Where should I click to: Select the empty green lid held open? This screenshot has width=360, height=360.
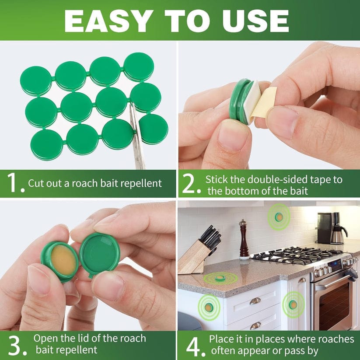coord(100,254)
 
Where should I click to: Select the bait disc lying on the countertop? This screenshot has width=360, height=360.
coord(220,277)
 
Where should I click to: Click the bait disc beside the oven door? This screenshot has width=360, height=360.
coord(293,304)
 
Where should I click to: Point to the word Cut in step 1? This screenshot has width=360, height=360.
coord(36,183)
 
